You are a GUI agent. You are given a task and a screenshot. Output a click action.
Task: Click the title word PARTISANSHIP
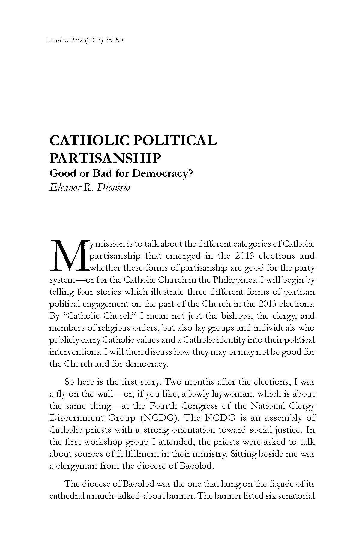click(105, 158)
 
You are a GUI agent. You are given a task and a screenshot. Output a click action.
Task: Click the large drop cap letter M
click(69, 255)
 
